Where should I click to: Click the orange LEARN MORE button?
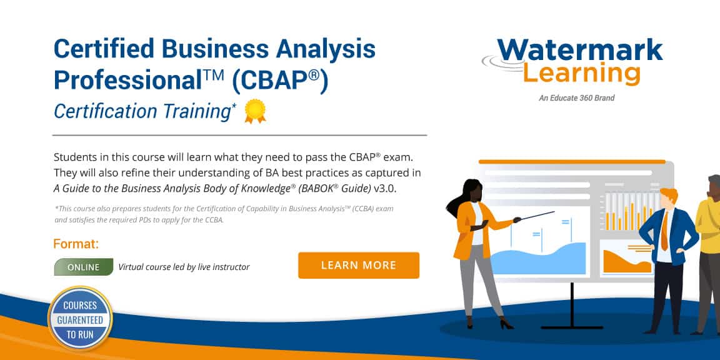(359, 266)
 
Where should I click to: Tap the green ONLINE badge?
(84, 267)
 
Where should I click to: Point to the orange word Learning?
(582, 74)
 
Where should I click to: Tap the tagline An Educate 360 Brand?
(577, 97)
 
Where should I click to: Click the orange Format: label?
(76, 244)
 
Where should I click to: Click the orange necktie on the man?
(664, 231)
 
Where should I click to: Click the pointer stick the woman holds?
(537, 216)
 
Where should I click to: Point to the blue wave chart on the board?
(538, 258)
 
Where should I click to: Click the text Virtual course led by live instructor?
(184, 267)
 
